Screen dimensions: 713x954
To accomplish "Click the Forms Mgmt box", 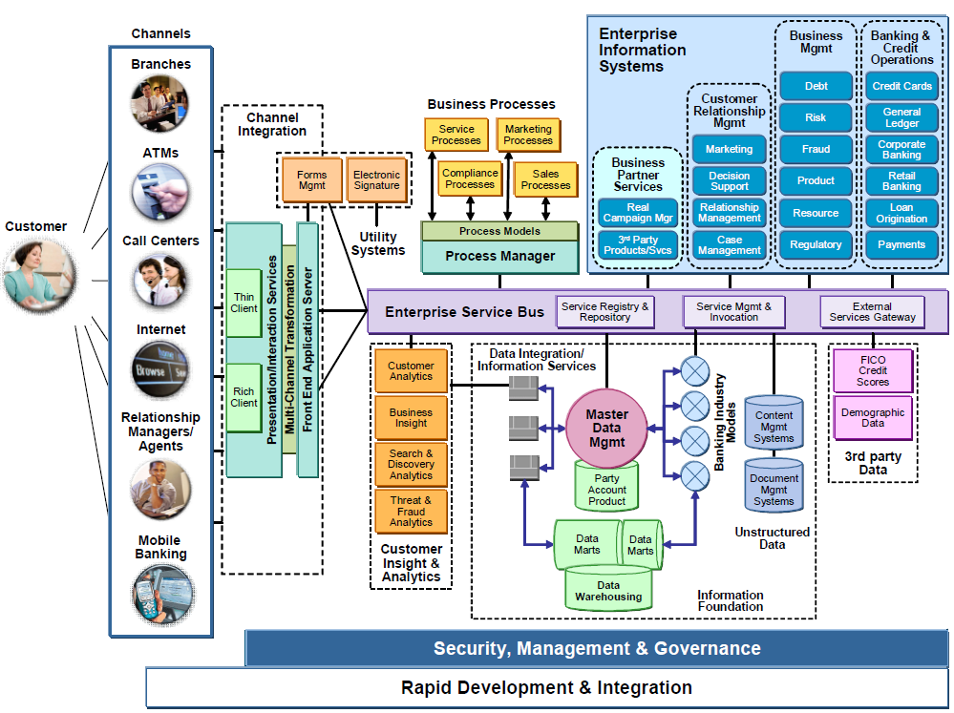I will pos(311,179).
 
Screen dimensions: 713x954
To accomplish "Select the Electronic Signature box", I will pos(376,179).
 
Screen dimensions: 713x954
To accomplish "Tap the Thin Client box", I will pos(244,303).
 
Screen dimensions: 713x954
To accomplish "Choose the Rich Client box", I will pos(244,396).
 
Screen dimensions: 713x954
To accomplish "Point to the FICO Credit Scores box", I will pos(873,370).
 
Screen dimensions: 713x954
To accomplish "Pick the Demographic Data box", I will pos(873,417).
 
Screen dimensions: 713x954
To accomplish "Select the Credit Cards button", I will pos(901,86).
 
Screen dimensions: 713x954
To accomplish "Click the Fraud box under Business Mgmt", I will pos(816,149).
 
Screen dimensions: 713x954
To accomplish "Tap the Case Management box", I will pos(729,245).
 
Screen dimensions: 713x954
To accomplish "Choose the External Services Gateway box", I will pos(872,311).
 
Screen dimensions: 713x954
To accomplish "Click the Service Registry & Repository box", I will pos(604,311).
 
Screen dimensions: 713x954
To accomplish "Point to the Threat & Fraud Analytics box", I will pos(411,511).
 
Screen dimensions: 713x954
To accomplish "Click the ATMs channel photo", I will pos(160,192).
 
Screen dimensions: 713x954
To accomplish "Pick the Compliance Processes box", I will pos(470,178).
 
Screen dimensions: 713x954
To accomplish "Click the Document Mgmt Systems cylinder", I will pos(774,487).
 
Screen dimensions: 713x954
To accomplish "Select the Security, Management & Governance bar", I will pos(597,648).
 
